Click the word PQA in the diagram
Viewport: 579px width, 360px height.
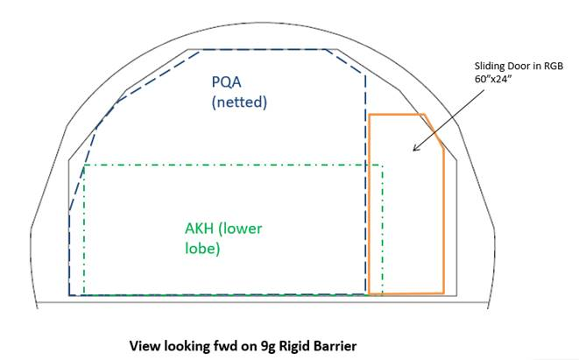(229, 82)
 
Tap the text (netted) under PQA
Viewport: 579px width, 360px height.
(238, 102)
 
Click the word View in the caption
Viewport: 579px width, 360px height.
(145, 344)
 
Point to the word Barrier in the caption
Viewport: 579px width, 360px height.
(333, 344)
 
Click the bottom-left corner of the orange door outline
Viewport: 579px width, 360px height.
(370, 293)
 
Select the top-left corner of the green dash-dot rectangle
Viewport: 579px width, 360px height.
(84, 166)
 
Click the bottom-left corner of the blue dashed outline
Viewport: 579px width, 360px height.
(70, 294)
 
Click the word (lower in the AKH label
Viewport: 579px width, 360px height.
(241, 229)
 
